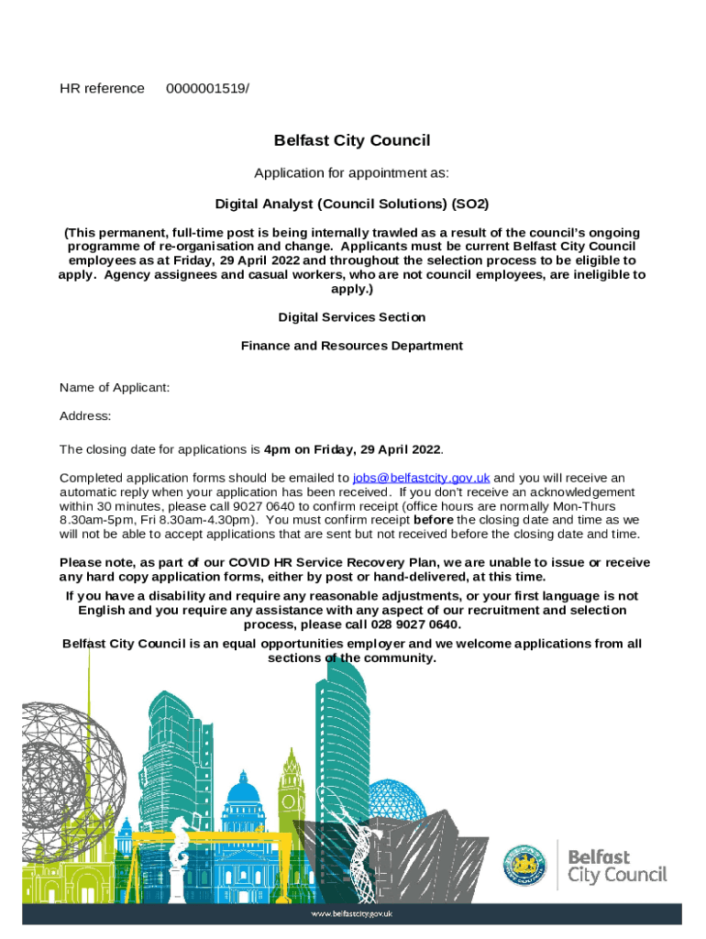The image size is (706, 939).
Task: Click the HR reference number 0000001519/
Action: pyautogui.click(x=207, y=88)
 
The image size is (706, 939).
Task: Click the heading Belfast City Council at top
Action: pyautogui.click(x=352, y=140)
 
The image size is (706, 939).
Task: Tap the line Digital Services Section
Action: pyautogui.click(x=352, y=317)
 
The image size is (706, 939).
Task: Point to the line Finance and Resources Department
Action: pyautogui.click(x=352, y=346)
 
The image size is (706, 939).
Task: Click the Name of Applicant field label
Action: pyautogui.click(x=115, y=388)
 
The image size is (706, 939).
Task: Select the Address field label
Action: pyautogui.click(x=85, y=416)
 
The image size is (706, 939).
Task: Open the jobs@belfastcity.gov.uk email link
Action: pyautogui.click(x=421, y=478)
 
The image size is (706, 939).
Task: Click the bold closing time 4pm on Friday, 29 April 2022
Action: pyautogui.click(x=353, y=449)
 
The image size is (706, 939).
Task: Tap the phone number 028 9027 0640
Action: pyautogui.click(x=417, y=624)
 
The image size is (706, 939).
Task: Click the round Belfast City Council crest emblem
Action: pyautogui.click(x=524, y=865)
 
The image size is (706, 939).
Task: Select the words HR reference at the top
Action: pyautogui.click(x=102, y=88)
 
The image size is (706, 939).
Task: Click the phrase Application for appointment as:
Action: pyautogui.click(x=352, y=173)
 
